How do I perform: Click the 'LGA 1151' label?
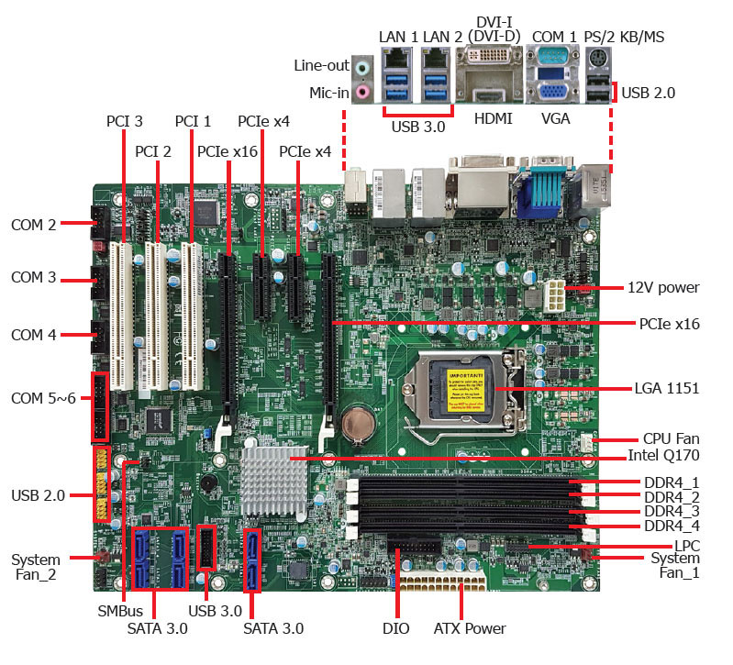667,389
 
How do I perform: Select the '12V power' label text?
664,287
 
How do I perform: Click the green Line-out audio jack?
363,66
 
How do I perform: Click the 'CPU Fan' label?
671,439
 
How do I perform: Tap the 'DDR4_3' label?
672,511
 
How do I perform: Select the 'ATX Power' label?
469,628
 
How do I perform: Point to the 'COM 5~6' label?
42,398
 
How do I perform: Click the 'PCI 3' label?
124,120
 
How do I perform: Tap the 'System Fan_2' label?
36,567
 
